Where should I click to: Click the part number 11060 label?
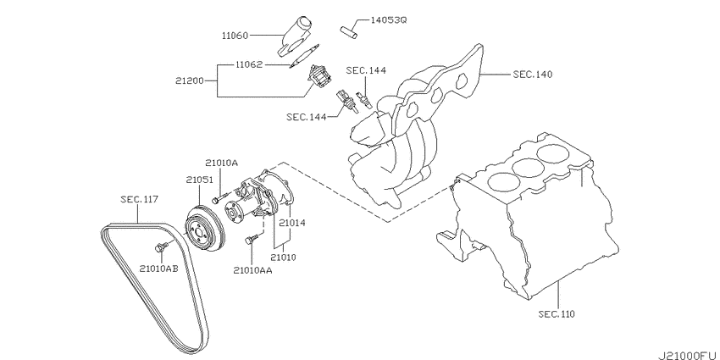point(235,36)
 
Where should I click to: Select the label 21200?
point(189,80)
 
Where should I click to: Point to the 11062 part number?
point(249,64)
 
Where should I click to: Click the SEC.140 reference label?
point(532,74)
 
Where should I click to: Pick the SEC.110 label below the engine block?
point(557,314)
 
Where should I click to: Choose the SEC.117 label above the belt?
point(139,199)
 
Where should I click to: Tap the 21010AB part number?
point(159,269)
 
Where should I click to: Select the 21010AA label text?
point(252,270)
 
